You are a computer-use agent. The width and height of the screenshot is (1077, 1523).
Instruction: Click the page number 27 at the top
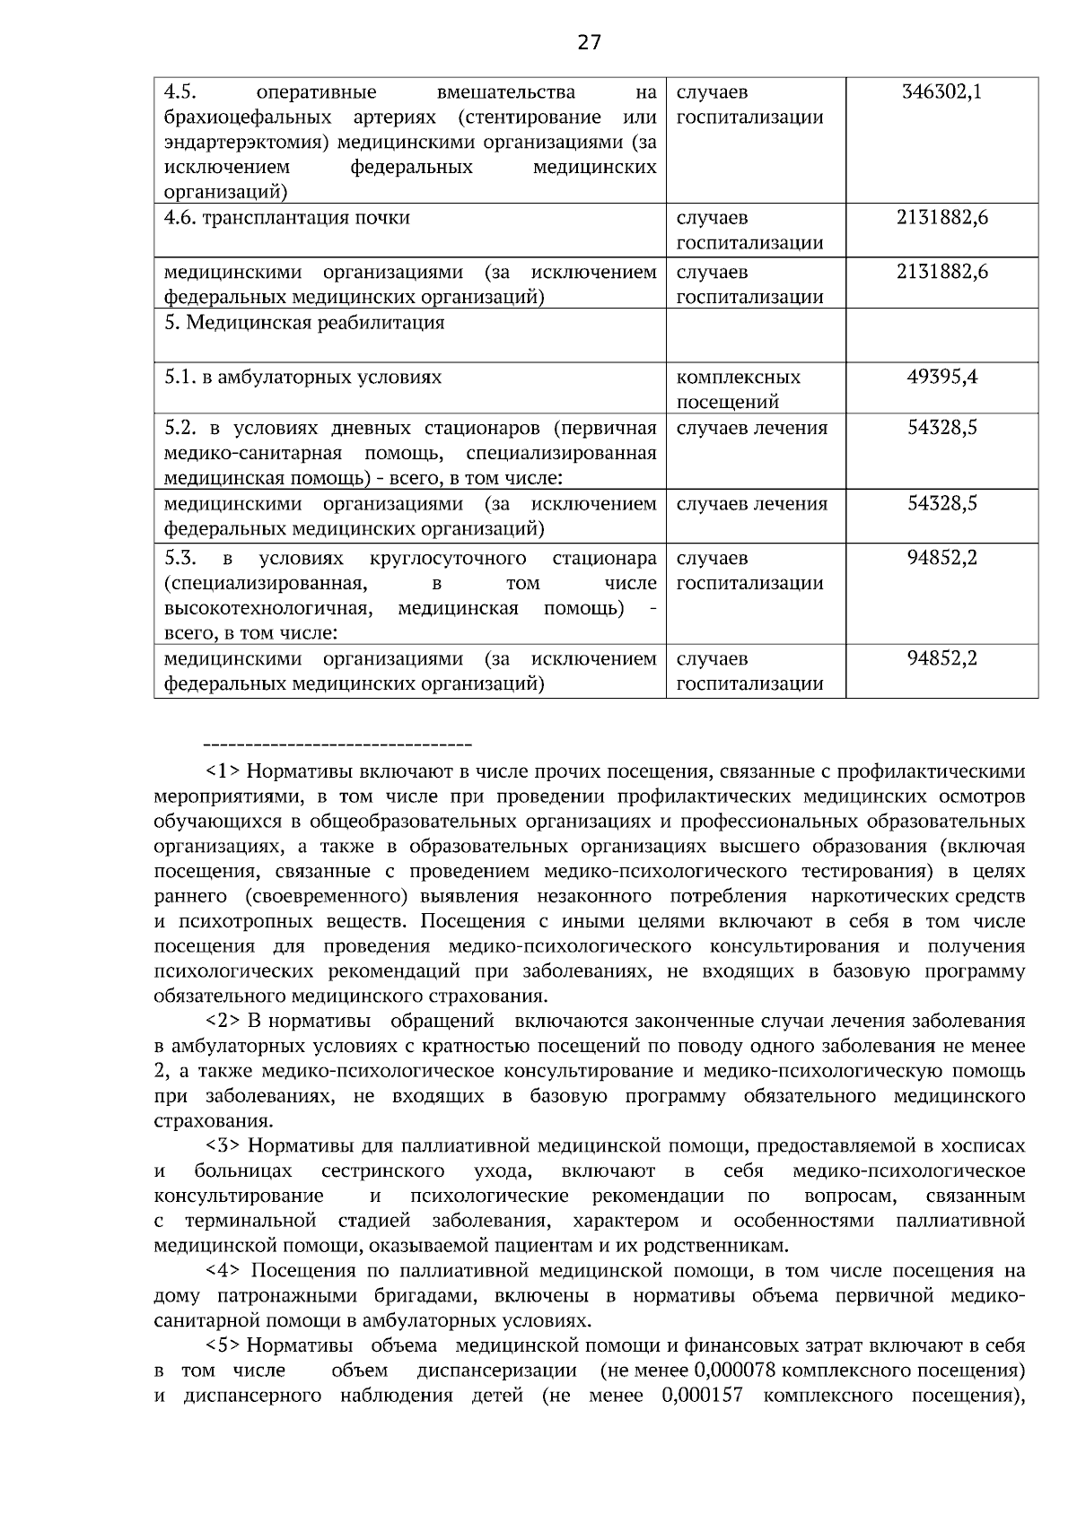coord(589,42)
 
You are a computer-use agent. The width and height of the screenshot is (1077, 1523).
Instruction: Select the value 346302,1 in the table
coord(941,91)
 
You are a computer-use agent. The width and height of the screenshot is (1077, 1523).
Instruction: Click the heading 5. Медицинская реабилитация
coord(304,323)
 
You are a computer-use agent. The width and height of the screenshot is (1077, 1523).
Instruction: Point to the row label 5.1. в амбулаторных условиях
coord(303,377)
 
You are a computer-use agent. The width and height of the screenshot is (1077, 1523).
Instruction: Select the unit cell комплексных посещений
coord(738,388)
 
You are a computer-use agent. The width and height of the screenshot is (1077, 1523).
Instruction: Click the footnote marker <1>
coord(224,770)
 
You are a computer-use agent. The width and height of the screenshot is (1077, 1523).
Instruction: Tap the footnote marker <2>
coord(224,1021)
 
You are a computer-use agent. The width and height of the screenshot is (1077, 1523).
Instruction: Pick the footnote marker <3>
coord(224,1145)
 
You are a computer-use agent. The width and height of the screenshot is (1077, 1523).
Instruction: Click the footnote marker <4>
coord(224,1271)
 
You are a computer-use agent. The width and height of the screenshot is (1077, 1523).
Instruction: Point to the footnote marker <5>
coord(224,1345)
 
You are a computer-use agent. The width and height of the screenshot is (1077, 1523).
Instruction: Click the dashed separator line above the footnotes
coord(338,745)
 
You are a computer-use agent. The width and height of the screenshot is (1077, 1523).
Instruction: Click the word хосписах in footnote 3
coord(987,1145)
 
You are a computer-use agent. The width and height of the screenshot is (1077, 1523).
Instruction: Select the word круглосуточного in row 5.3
coord(448,559)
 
